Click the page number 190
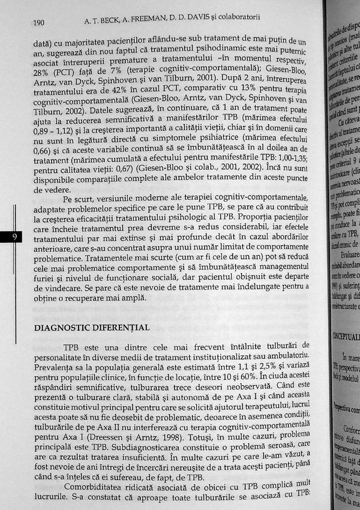click(38, 23)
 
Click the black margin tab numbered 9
click(13, 238)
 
